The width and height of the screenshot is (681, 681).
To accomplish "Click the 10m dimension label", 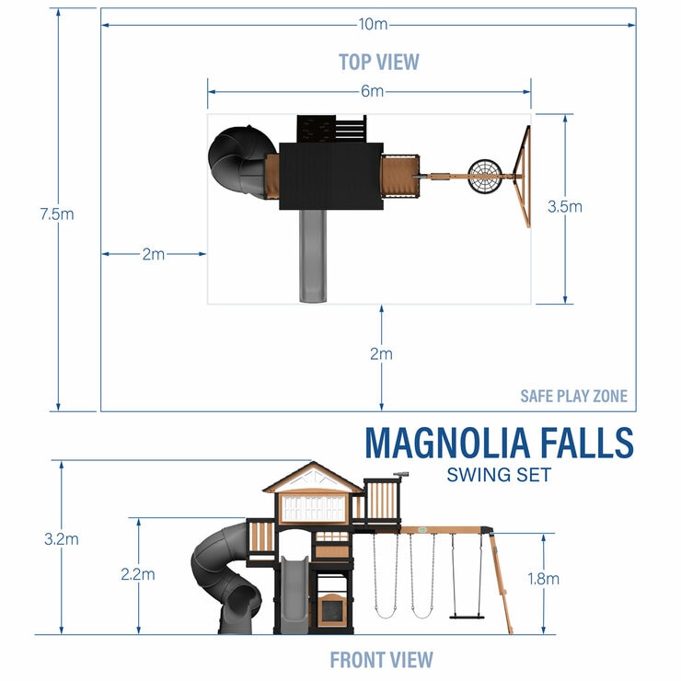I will (372, 23).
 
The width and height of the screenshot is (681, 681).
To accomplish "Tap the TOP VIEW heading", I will (378, 62).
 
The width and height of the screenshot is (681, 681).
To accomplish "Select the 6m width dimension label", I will (372, 91).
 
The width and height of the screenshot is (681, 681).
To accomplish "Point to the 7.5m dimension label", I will (57, 214).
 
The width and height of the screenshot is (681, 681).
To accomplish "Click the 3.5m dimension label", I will (564, 207).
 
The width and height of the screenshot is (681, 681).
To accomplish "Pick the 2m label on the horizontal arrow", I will (153, 254).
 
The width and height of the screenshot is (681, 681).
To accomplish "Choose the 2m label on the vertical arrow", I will (381, 353).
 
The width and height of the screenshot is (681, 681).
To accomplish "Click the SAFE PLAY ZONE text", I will (573, 397).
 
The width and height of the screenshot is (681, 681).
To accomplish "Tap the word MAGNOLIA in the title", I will (446, 443).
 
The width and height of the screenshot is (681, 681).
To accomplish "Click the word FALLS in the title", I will (586, 443).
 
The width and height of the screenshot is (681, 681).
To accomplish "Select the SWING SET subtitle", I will (498, 475).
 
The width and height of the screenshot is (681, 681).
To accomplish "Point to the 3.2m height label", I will (61, 540).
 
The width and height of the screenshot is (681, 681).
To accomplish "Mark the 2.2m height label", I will (137, 573).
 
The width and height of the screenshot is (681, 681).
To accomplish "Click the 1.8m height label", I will (542, 579).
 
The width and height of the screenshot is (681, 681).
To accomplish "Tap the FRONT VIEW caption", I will (381, 659).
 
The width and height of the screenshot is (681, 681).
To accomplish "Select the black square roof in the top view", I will (331, 176).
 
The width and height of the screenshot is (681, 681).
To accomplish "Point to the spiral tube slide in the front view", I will (225, 580).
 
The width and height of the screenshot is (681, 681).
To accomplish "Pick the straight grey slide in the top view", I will (311, 254).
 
